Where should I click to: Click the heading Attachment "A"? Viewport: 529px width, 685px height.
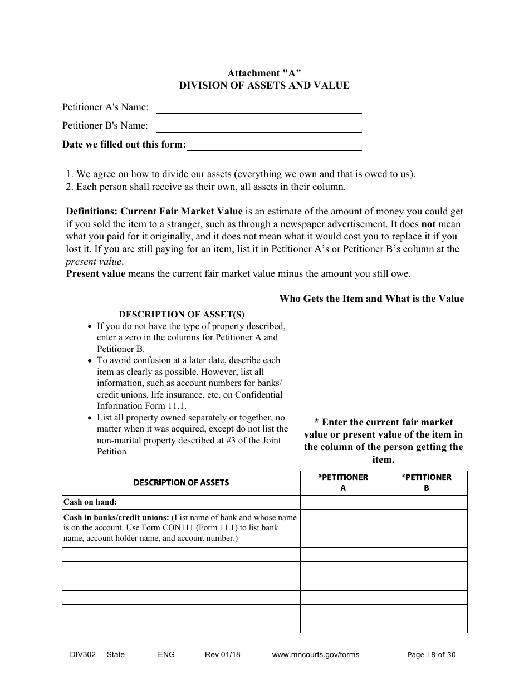click(264, 73)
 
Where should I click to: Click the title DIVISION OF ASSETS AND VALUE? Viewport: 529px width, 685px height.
click(264, 85)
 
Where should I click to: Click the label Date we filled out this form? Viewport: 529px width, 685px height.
click(124, 145)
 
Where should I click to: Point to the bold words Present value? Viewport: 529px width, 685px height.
click(95, 274)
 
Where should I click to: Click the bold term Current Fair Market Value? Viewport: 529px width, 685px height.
click(182, 212)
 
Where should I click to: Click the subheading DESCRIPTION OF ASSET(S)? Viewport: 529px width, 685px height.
click(182, 315)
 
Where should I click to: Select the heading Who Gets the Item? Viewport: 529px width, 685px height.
click(371, 299)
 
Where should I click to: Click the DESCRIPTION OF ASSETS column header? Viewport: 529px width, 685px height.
click(181, 483)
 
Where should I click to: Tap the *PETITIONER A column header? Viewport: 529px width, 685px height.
click(343, 483)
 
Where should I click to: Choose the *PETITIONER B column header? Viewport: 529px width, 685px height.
click(427, 483)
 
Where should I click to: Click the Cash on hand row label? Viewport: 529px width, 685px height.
click(90, 502)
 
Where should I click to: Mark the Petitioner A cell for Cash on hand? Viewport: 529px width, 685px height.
click(343, 502)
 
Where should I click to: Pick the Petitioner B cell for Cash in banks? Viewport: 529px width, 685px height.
click(427, 528)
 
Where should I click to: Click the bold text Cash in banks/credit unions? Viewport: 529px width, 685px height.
click(116, 517)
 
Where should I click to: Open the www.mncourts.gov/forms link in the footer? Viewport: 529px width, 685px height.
click(315, 655)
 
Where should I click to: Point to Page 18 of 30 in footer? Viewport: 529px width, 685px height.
click(432, 655)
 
